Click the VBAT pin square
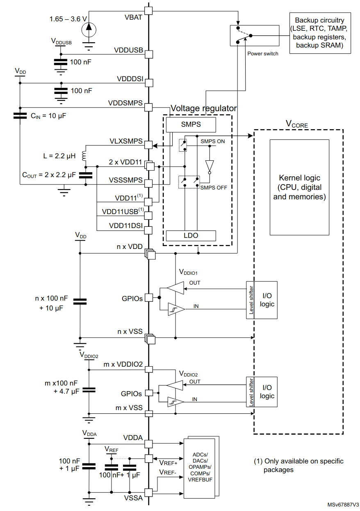click(x=148, y=11)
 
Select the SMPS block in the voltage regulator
click(x=191, y=125)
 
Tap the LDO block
click(x=191, y=236)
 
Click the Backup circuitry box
click(x=320, y=33)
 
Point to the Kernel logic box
click(x=299, y=187)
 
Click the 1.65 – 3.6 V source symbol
click(x=89, y=30)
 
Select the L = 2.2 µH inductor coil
click(x=84, y=155)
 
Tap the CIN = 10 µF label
click(x=48, y=116)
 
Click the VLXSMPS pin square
click(x=148, y=145)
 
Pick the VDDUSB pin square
click(x=149, y=55)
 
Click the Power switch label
click(x=263, y=54)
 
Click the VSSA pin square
click(x=148, y=492)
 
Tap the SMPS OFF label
click(x=214, y=187)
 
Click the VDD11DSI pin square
click(x=148, y=230)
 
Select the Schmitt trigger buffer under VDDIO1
click(x=176, y=309)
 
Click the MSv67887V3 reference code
click(x=343, y=504)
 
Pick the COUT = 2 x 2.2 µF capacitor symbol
click(x=86, y=175)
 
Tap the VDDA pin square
click(x=148, y=444)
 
